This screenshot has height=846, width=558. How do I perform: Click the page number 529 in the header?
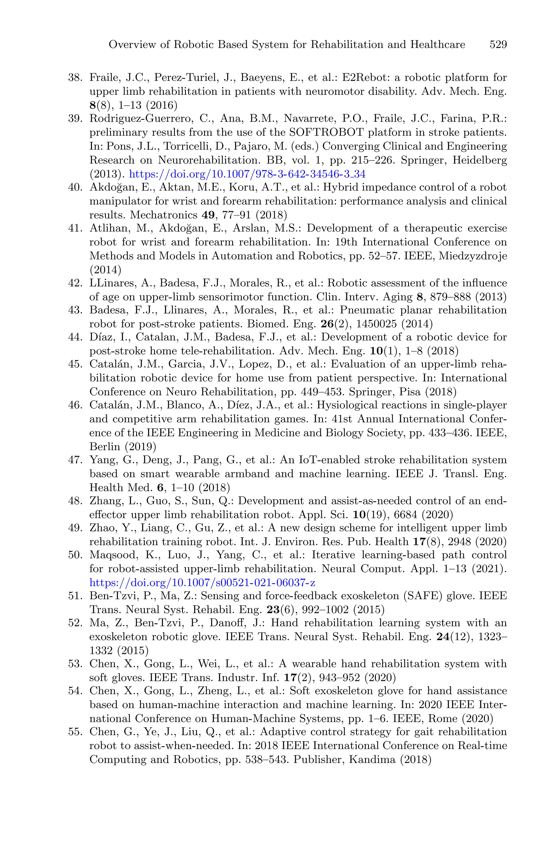point(498,45)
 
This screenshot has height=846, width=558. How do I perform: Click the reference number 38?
point(75,78)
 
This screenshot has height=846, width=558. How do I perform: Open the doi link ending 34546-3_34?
point(247,174)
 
